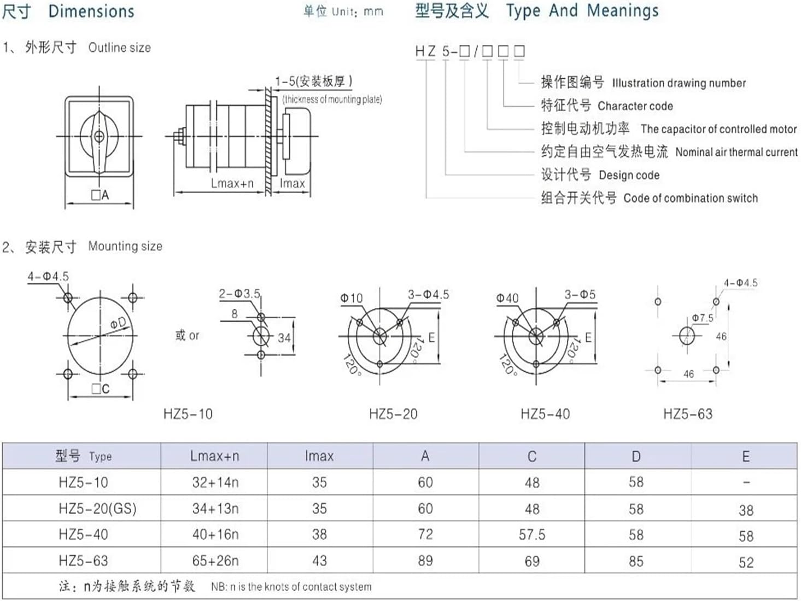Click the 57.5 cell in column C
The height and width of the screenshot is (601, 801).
[x=531, y=534]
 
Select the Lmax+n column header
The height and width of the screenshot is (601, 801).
[x=214, y=456]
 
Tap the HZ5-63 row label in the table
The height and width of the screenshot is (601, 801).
[x=83, y=561]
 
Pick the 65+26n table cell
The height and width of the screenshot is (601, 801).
[x=215, y=561]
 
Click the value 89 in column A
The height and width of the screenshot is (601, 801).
[x=425, y=561]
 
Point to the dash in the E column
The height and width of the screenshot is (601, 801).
[x=746, y=482]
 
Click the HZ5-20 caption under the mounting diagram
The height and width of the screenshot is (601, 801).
[x=393, y=414]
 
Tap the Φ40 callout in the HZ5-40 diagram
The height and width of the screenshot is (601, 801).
[x=507, y=298]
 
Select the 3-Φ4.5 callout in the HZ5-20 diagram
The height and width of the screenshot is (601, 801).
[x=428, y=295]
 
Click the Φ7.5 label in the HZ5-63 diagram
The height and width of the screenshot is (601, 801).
[x=702, y=318]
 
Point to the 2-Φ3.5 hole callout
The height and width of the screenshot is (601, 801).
[x=239, y=294]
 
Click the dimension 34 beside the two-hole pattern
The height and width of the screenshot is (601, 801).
[x=284, y=337]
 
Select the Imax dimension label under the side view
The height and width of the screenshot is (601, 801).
[x=292, y=184]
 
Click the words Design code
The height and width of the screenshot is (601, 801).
[x=629, y=175]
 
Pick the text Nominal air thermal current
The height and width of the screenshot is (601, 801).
[x=736, y=152]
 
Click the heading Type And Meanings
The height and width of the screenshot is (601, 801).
[x=582, y=10]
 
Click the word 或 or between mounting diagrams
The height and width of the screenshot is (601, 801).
[x=187, y=335]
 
